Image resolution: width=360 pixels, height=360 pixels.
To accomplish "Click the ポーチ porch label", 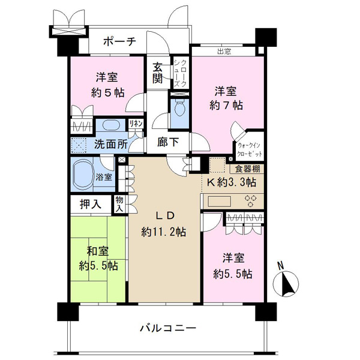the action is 119,41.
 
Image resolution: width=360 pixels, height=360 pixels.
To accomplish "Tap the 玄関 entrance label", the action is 157,73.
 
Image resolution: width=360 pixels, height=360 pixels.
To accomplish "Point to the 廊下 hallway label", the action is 168,142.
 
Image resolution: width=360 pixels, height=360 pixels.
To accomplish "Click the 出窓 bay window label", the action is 224,52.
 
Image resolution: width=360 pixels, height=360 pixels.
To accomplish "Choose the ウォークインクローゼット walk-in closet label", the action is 249,149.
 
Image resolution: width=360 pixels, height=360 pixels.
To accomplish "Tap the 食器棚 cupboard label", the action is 247,169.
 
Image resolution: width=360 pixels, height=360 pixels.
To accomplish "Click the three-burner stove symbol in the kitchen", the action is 251,201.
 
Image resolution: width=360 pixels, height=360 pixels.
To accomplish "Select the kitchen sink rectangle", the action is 219,202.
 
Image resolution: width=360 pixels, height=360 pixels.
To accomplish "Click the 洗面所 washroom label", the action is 111,144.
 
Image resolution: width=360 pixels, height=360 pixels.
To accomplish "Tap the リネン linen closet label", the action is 136,124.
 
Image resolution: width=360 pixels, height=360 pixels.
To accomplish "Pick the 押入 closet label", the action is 90,204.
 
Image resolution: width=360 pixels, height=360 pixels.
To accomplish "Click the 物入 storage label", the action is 119,204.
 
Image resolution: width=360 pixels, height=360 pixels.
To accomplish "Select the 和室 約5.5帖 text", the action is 98,258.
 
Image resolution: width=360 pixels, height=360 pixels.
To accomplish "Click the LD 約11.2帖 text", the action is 163,224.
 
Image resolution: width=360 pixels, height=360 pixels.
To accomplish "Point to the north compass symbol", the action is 286,281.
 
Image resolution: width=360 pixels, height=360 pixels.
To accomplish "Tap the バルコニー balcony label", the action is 168,328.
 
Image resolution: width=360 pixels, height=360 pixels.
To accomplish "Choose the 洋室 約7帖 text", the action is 226,98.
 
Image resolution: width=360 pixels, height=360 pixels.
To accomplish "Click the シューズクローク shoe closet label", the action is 180,73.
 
